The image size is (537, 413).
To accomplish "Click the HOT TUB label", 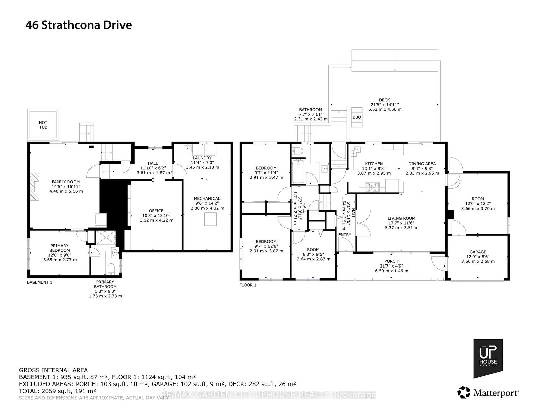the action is [x=43, y=125].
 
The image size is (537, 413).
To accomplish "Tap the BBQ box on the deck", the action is [x=357, y=117].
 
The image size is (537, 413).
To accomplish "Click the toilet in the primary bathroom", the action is [x=111, y=269].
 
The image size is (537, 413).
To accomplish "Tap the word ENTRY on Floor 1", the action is [x=344, y=235].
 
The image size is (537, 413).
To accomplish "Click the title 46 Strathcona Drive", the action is [x=79, y=25].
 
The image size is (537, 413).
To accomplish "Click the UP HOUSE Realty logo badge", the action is [x=488, y=358].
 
